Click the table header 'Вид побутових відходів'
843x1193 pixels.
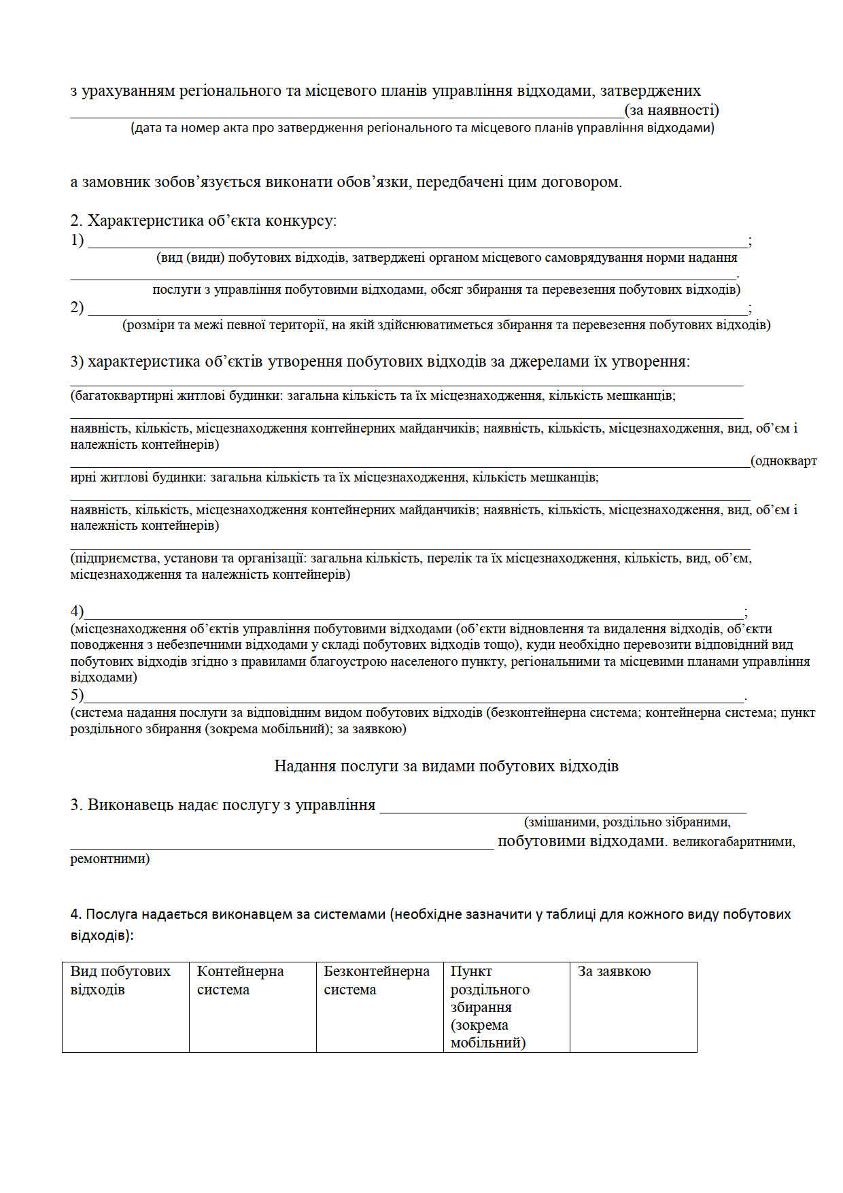(x=120, y=980)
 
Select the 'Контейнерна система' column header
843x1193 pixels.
(x=240, y=980)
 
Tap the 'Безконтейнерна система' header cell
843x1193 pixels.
(x=376, y=980)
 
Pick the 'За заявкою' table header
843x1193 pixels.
(x=614, y=971)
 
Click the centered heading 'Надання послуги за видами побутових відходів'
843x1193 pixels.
(x=446, y=766)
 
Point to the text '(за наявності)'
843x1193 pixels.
(x=672, y=110)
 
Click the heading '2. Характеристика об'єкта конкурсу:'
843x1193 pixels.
(x=204, y=220)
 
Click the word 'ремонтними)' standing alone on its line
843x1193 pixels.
(x=110, y=859)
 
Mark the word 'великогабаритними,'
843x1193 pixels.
(x=734, y=842)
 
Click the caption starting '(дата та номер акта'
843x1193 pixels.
(x=422, y=128)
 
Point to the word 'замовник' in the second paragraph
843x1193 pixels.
(x=116, y=182)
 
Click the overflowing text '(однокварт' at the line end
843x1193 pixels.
(x=783, y=461)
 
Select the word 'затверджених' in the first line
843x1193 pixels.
(x=650, y=91)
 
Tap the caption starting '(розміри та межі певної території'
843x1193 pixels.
(x=446, y=325)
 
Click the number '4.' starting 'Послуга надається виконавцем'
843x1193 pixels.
(x=76, y=914)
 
